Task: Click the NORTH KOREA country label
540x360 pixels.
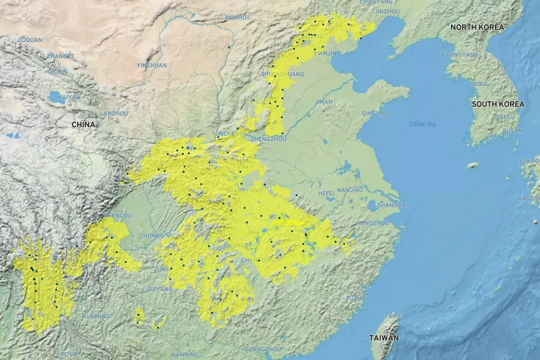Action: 478,27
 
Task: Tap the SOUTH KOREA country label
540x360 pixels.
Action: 497,104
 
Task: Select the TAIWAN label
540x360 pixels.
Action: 384,338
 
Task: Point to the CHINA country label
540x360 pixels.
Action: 83,124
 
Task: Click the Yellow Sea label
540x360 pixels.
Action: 421,124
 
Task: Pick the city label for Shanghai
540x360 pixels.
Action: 393,205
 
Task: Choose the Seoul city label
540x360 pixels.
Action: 480,83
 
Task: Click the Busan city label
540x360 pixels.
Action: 512,130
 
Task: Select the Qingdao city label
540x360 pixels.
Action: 375,113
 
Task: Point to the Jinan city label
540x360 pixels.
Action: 323,102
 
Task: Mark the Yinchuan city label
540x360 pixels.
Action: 152,65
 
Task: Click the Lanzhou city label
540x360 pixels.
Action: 114,113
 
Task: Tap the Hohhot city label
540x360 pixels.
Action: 238,17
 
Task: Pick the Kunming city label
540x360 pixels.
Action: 96,316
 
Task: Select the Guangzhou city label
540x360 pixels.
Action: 263,349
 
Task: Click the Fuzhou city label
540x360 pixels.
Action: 358,298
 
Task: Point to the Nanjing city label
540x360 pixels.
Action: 350,190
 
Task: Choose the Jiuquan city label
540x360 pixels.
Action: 30,40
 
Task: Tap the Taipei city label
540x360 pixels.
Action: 394,316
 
